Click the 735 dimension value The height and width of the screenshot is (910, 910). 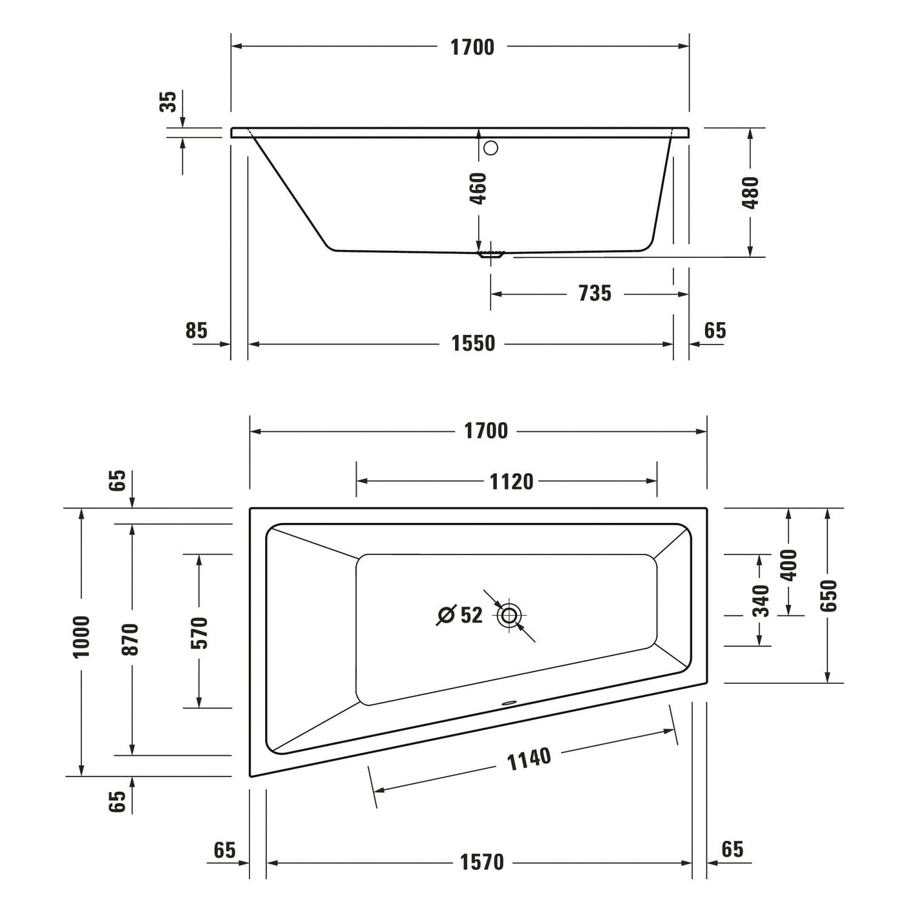point(595,294)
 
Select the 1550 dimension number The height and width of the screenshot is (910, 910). point(473,344)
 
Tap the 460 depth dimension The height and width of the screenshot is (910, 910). point(479,189)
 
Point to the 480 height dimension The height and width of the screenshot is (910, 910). point(750,192)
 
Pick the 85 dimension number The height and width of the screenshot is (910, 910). point(197,331)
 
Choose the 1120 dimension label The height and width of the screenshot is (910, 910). point(511,482)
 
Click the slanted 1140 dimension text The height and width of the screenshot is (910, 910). point(529,759)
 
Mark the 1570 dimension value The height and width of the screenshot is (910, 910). point(482,862)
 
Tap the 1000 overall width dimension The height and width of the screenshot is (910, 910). point(81,637)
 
